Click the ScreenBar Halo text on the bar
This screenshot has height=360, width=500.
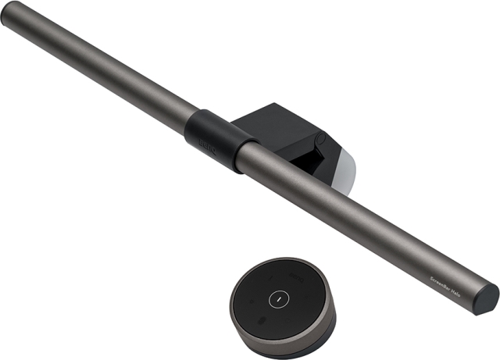click(x=452, y=276)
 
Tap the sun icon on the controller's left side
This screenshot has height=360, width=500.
click(x=252, y=301)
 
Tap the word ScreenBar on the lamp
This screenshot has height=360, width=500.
click(x=444, y=273)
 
